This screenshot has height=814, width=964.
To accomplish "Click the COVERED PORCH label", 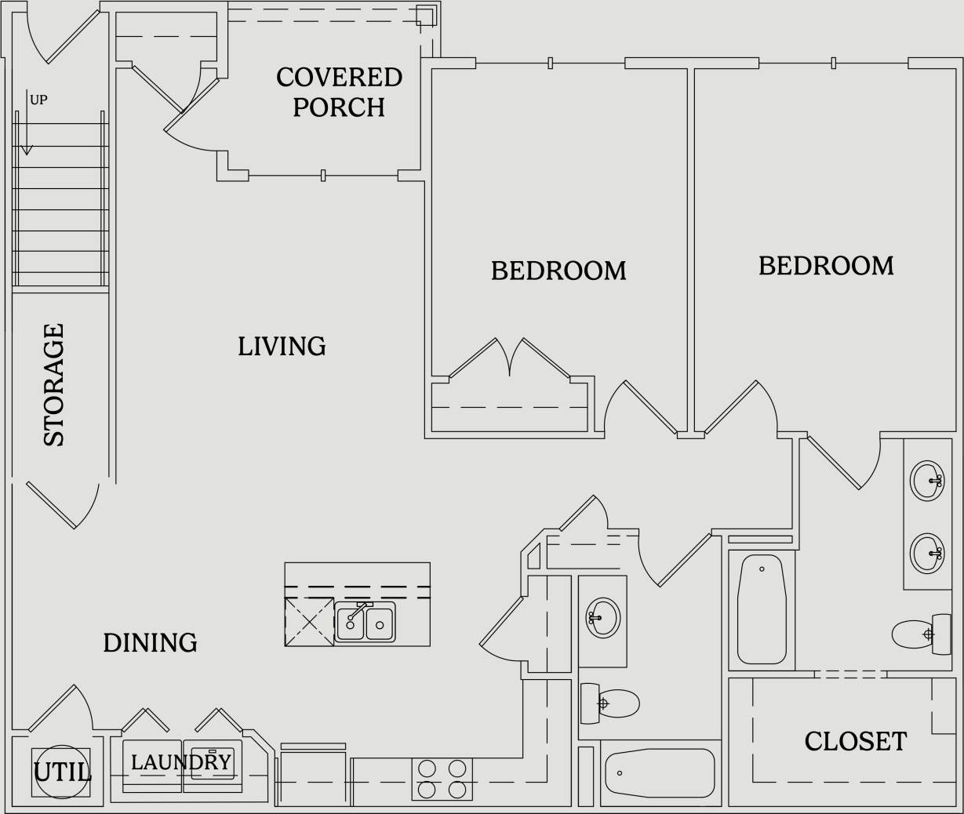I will (x=339, y=92).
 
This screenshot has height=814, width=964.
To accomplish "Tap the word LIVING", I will (x=282, y=346).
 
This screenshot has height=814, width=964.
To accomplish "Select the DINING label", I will (x=150, y=643).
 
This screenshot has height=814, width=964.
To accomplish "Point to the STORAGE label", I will (x=53, y=385).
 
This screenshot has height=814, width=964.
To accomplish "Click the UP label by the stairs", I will (x=38, y=100).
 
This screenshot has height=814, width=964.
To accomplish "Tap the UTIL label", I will (x=62, y=773).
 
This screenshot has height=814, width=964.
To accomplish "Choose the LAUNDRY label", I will (x=181, y=762).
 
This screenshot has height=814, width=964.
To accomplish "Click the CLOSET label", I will (x=856, y=741).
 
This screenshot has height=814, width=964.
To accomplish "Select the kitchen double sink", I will (x=365, y=623).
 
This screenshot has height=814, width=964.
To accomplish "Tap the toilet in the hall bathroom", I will (x=609, y=703).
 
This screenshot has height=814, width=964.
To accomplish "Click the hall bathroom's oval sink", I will (x=603, y=618).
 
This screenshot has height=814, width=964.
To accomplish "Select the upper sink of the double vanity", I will (x=928, y=480).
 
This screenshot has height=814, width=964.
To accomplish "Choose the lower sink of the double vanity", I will (x=928, y=552).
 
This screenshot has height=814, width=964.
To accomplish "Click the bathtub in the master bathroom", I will (x=761, y=609).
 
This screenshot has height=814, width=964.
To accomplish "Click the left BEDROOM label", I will (x=558, y=271).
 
